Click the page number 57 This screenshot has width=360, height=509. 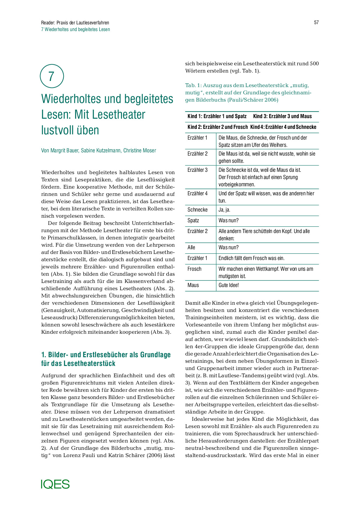tap(316, 23)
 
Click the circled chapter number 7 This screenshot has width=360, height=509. tap(52, 76)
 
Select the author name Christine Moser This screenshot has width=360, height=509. tap(140, 150)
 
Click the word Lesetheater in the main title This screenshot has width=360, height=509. tap(110, 114)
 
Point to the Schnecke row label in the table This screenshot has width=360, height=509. tap(197, 210)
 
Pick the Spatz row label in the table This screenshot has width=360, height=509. tap(193, 221)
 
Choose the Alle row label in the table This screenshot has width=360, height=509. tap(191, 248)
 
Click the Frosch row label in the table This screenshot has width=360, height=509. tap(195, 269)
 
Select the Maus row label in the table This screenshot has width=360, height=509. tap(193, 285)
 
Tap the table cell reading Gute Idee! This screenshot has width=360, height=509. tap(229, 285)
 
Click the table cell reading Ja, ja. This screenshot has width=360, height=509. tap(224, 210)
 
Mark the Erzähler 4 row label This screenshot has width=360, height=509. tap(197, 194)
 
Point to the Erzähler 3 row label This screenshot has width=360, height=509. tap(197, 170)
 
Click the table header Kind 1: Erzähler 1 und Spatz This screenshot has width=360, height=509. tap(217, 116)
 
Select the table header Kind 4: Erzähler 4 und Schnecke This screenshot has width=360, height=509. tap(283, 127)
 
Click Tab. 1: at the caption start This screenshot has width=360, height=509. tap(193, 85)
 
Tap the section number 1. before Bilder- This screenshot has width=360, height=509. tap(44, 355)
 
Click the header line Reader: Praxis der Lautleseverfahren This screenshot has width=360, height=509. tap(75, 23)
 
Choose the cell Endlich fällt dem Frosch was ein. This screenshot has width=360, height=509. tap(251, 258)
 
